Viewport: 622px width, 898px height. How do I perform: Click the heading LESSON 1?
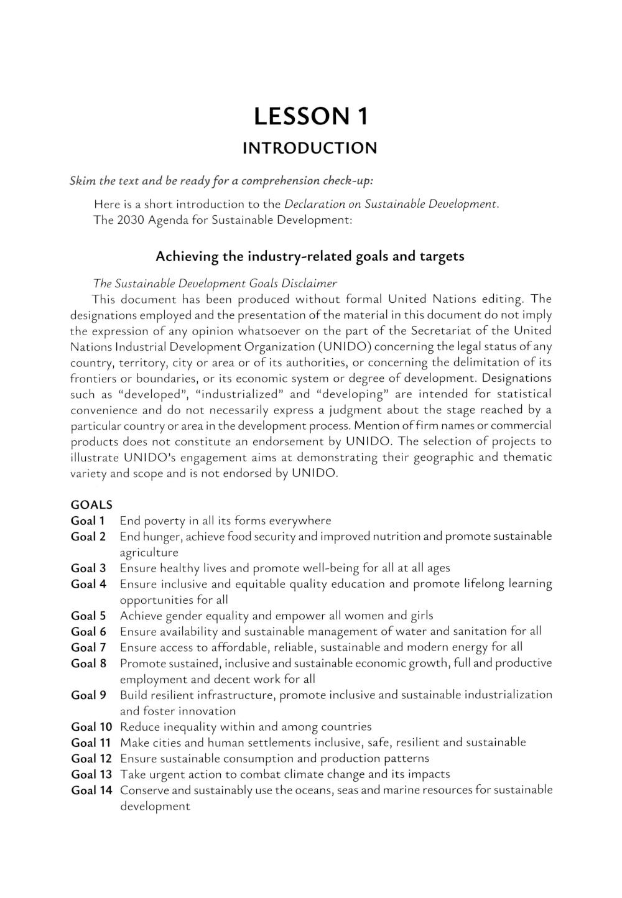coord(310,116)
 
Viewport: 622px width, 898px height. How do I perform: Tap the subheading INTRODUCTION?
coord(310,148)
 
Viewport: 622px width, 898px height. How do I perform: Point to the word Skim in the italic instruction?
coord(83,181)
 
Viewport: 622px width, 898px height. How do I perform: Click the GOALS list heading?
coord(91,505)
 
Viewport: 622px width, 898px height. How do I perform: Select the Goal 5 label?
coord(88,616)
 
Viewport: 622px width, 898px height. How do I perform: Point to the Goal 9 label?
coord(88,695)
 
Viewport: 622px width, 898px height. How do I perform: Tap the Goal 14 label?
coord(91,790)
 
